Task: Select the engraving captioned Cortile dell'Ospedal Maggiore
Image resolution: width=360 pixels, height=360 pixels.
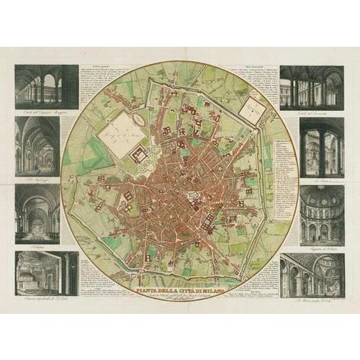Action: click(x=46, y=86)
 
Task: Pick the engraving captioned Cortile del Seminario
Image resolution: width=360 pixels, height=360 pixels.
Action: click(x=312, y=86)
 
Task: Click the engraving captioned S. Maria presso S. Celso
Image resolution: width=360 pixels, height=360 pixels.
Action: click(x=312, y=273)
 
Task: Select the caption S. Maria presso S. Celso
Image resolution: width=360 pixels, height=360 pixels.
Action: click(x=312, y=298)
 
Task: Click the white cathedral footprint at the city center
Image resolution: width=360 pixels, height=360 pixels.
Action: click(x=191, y=195)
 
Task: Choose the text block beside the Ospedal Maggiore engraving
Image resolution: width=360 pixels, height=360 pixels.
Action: click(x=97, y=79)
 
